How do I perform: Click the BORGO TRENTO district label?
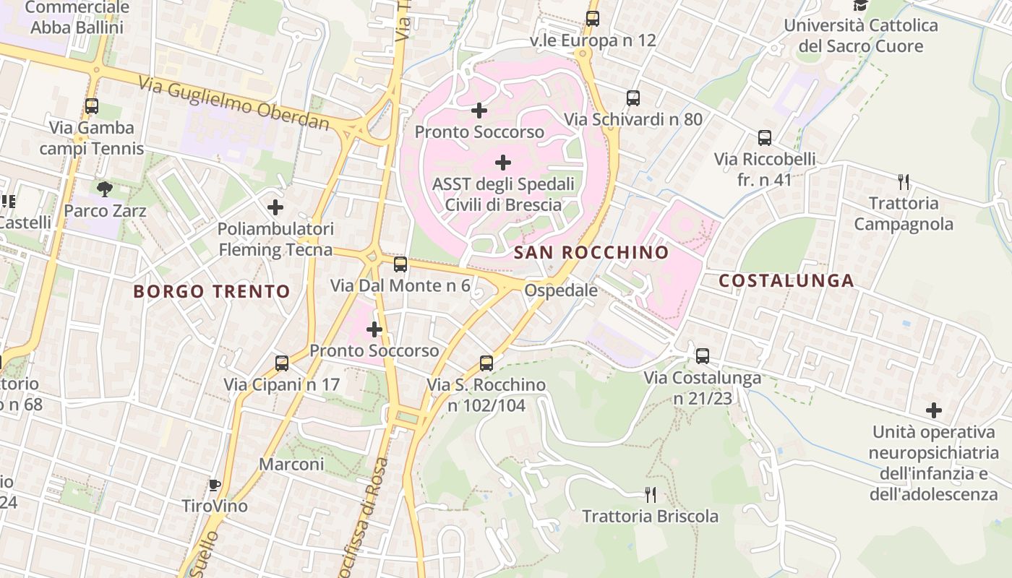point(212,292)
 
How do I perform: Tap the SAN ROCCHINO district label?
point(591,253)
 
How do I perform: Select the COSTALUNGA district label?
point(786,281)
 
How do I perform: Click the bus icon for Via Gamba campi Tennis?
point(92,106)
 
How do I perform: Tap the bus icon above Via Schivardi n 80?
point(633,98)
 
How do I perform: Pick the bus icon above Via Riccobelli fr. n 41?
point(765,138)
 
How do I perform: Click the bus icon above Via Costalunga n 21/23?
point(703,356)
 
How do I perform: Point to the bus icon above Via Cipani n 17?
point(282,363)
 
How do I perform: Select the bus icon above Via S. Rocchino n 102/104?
point(486,363)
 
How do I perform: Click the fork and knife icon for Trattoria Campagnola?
point(903,181)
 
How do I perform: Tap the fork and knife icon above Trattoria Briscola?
point(651,495)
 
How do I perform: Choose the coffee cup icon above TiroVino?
point(214,484)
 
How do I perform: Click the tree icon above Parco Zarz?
point(105,189)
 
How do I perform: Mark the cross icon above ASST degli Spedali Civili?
point(503,163)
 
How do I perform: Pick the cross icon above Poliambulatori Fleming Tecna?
point(275,207)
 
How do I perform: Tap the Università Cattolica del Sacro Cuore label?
point(860,35)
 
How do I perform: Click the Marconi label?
point(292,464)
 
